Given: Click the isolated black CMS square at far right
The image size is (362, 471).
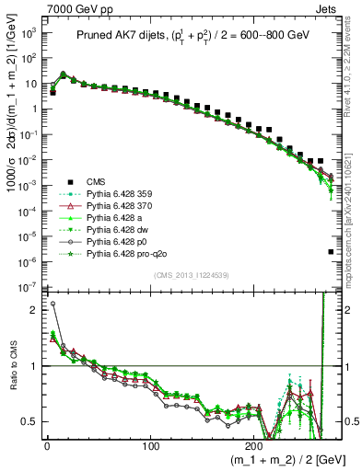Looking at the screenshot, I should point(331,251).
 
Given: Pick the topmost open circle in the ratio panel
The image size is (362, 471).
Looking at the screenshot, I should point(53,304).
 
